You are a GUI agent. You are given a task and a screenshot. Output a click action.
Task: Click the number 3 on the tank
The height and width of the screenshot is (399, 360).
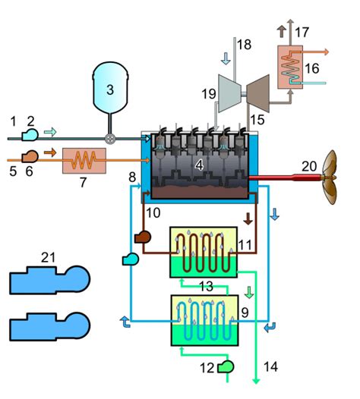point(110,89)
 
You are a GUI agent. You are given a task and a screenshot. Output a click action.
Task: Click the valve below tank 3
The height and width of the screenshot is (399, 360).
point(110,139)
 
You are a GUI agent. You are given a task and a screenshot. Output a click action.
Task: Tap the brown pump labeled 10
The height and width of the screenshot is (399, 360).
point(144,238)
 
